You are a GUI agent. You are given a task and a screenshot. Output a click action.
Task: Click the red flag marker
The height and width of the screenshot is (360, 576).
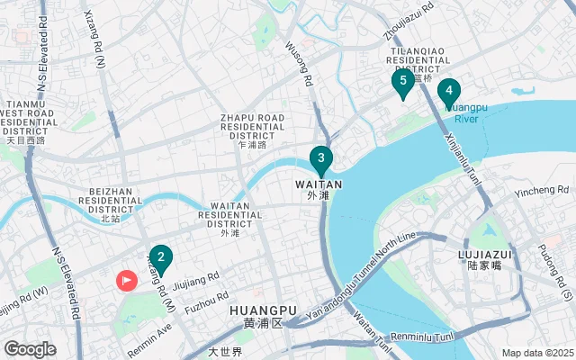pyautogui.click(x=126, y=280)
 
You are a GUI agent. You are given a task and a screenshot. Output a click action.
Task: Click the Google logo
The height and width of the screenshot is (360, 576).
pyautogui.click(x=30, y=349)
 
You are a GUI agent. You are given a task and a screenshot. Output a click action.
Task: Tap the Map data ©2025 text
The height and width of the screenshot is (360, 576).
pyautogui.click(x=536, y=353)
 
